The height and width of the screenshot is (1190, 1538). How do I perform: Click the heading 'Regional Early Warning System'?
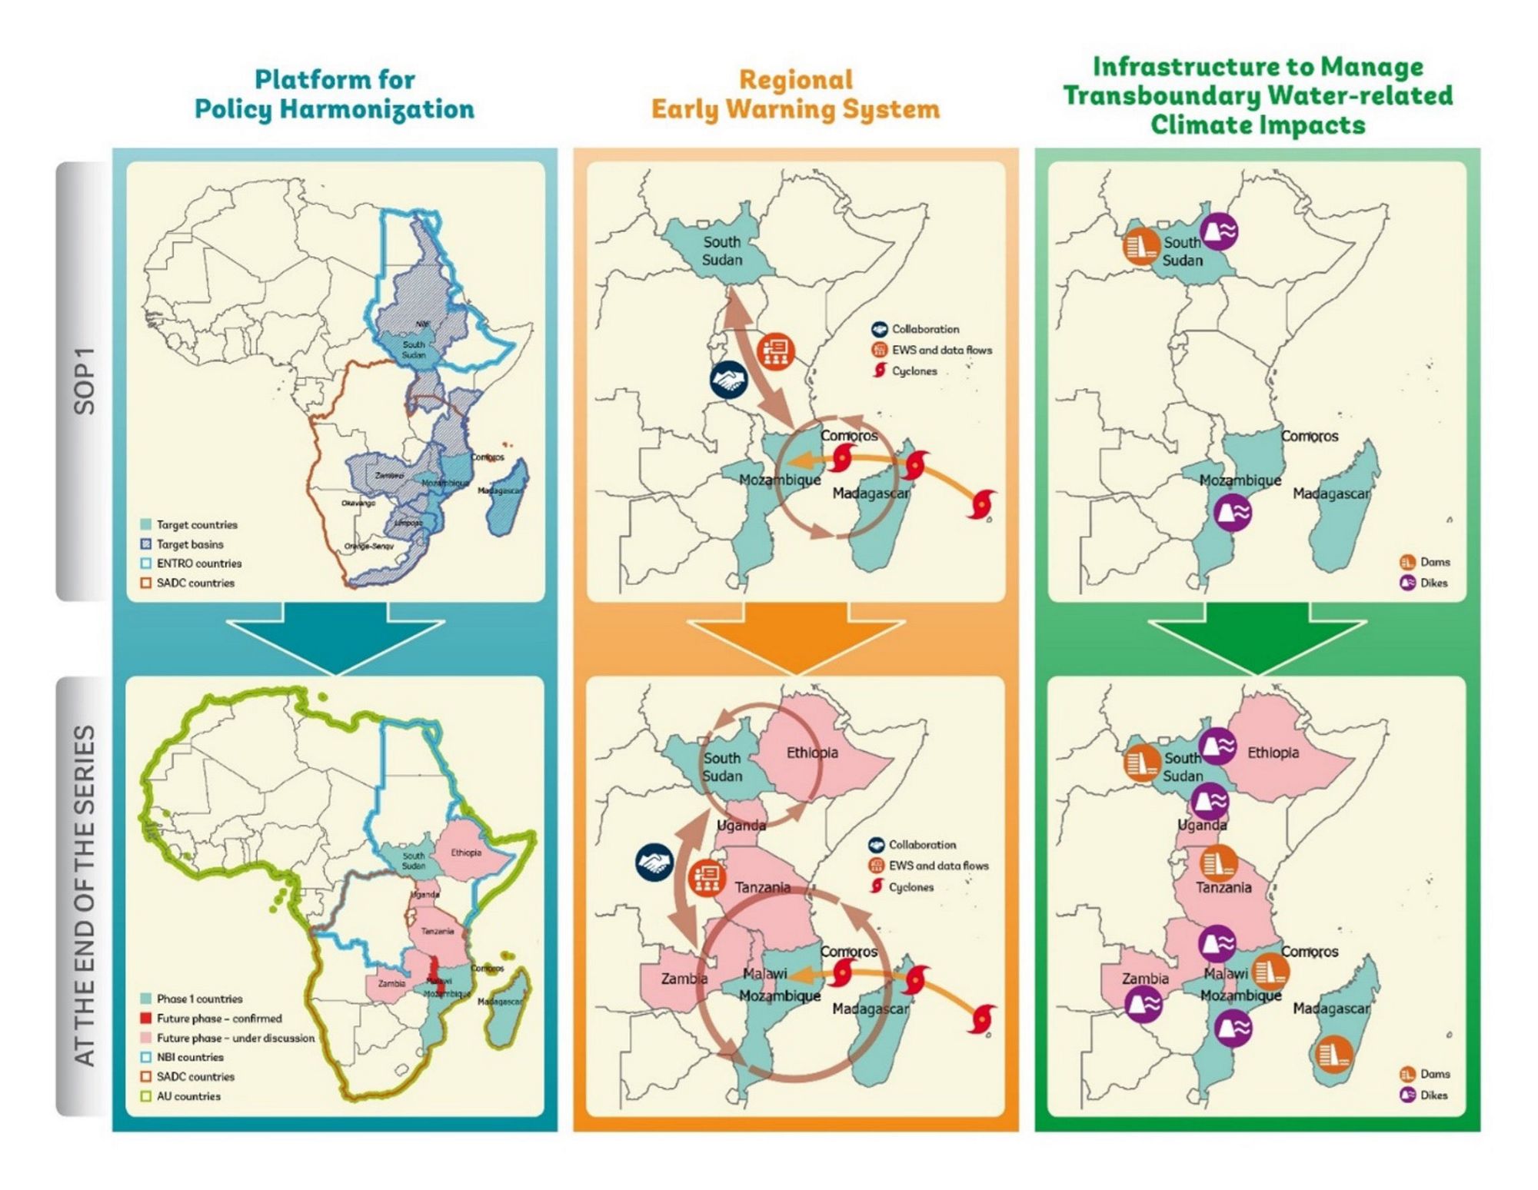click(x=795, y=95)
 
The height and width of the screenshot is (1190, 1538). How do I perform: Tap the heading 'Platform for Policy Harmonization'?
click(x=335, y=95)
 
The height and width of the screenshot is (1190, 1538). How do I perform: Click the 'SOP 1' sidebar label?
click(x=84, y=381)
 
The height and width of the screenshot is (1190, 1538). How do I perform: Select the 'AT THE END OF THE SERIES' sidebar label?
click(x=84, y=896)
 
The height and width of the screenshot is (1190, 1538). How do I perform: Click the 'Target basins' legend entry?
click(x=189, y=544)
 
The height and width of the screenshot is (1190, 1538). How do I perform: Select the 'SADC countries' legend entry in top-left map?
click(x=195, y=583)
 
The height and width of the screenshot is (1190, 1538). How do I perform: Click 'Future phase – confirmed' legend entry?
click(x=218, y=1019)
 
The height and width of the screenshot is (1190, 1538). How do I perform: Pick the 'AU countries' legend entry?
click(x=188, y=1096)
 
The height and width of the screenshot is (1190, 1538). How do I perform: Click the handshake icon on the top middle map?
click(x=727, y=380)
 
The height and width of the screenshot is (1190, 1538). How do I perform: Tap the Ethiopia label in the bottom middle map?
click(x=811, y=753)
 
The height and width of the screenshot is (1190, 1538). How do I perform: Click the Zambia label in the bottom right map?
click(x=1145, y=979)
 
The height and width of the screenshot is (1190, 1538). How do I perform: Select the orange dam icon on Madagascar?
click(x=1333, y=1054)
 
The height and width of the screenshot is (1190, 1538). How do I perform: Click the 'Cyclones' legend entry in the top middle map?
click(x=914, y=371)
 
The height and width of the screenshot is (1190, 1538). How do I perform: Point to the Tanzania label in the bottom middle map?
click(x=762, y=887)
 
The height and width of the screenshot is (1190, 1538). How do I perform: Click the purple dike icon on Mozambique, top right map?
click(x=1233, y=512)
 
